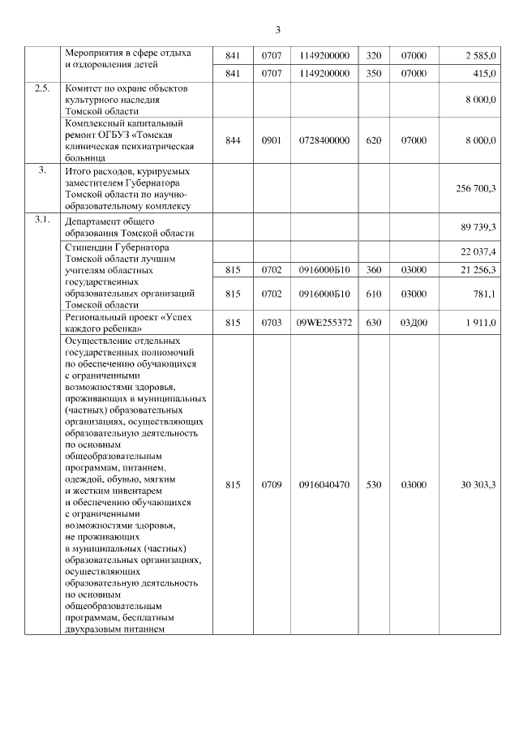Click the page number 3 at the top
coord(278,30)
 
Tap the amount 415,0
coord(485,73)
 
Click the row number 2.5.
coord(42,88)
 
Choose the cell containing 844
coord(234,140)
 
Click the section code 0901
coord(272,140)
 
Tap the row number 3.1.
coord(42,220)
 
